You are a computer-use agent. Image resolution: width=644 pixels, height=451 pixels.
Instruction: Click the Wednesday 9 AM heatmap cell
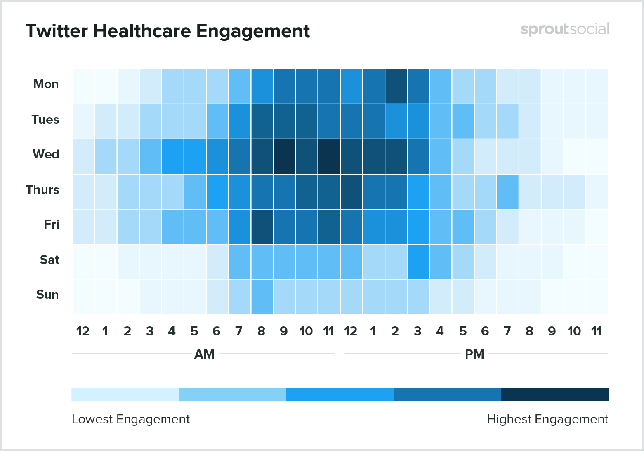pos(284,156)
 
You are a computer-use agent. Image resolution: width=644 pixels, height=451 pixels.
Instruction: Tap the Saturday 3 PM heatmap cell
pos(418,262)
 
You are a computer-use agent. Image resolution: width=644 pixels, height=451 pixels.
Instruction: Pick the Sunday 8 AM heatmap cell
pos(262,297)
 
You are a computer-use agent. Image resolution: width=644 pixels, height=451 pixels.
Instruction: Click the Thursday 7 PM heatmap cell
pos(507,191)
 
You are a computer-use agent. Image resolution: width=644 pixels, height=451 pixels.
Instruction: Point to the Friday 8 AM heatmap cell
pos(262,227)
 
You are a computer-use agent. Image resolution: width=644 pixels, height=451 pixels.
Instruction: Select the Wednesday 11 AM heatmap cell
pos(329,156)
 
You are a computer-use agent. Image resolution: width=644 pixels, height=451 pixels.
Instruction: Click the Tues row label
pos(45,120)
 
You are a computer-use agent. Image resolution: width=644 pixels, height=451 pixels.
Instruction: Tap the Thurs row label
pos(42,190)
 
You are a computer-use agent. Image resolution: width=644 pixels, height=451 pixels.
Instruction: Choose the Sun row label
pos(47,295)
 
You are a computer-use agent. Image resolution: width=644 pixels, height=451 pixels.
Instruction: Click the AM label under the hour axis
pos(204,354)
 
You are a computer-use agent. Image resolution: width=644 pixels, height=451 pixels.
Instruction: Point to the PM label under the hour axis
pos(474,354)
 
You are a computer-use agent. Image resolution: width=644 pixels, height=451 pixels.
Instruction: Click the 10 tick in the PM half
pos(574,331)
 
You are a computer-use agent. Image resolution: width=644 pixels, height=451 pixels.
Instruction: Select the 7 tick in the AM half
pos(239,331)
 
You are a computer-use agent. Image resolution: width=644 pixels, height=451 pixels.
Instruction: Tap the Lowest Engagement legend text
pos(131,419)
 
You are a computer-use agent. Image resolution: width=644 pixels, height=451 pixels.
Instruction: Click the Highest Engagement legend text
pos(547,419)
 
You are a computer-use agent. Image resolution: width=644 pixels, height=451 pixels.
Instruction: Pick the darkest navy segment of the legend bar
pos(554,394)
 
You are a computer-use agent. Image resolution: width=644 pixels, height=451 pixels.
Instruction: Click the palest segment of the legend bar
pos(125,394)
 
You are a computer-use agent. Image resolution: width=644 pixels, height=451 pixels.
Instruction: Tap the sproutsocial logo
pos(564,29)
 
